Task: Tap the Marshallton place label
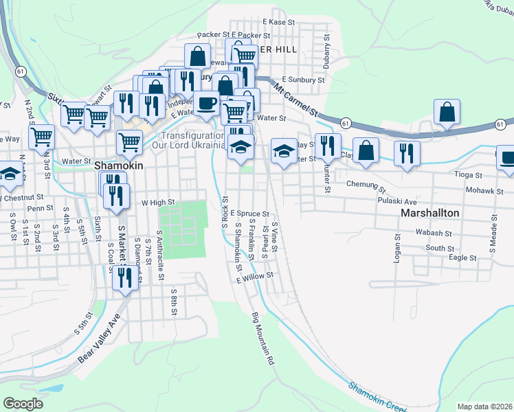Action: pos(429,214)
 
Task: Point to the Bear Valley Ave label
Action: pos(98,339)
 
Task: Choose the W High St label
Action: pos(159,203)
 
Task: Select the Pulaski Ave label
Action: pos(397,202)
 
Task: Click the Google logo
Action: pos(23,403)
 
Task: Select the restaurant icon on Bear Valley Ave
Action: pos(124,277)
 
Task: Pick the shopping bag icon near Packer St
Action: pos(198,56)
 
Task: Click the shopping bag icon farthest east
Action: pos(447,113)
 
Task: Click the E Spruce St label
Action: pos(249,214)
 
